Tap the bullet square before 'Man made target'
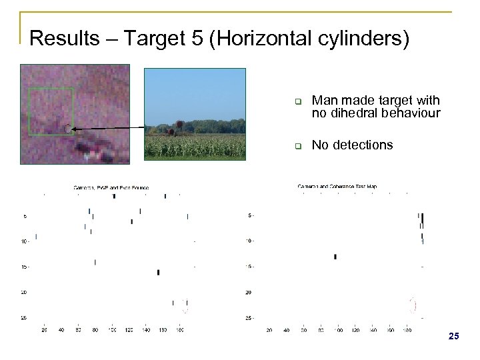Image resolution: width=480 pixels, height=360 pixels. (x=299, y=102)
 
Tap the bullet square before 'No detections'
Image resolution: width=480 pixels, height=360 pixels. (x=299, y=145)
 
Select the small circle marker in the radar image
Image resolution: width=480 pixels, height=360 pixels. (x=67, y=128)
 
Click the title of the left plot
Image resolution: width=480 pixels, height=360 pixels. (x=111, y=188)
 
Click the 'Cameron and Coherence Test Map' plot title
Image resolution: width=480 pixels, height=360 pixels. (x=337, y=187)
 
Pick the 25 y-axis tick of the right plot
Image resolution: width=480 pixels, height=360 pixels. (x=249, y=317)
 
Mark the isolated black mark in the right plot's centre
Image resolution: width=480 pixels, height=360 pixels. (x=335, y=256)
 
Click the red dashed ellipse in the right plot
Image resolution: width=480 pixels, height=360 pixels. (x=412, y=305)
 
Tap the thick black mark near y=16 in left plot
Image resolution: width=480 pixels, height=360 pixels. (x=158, y=272)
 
